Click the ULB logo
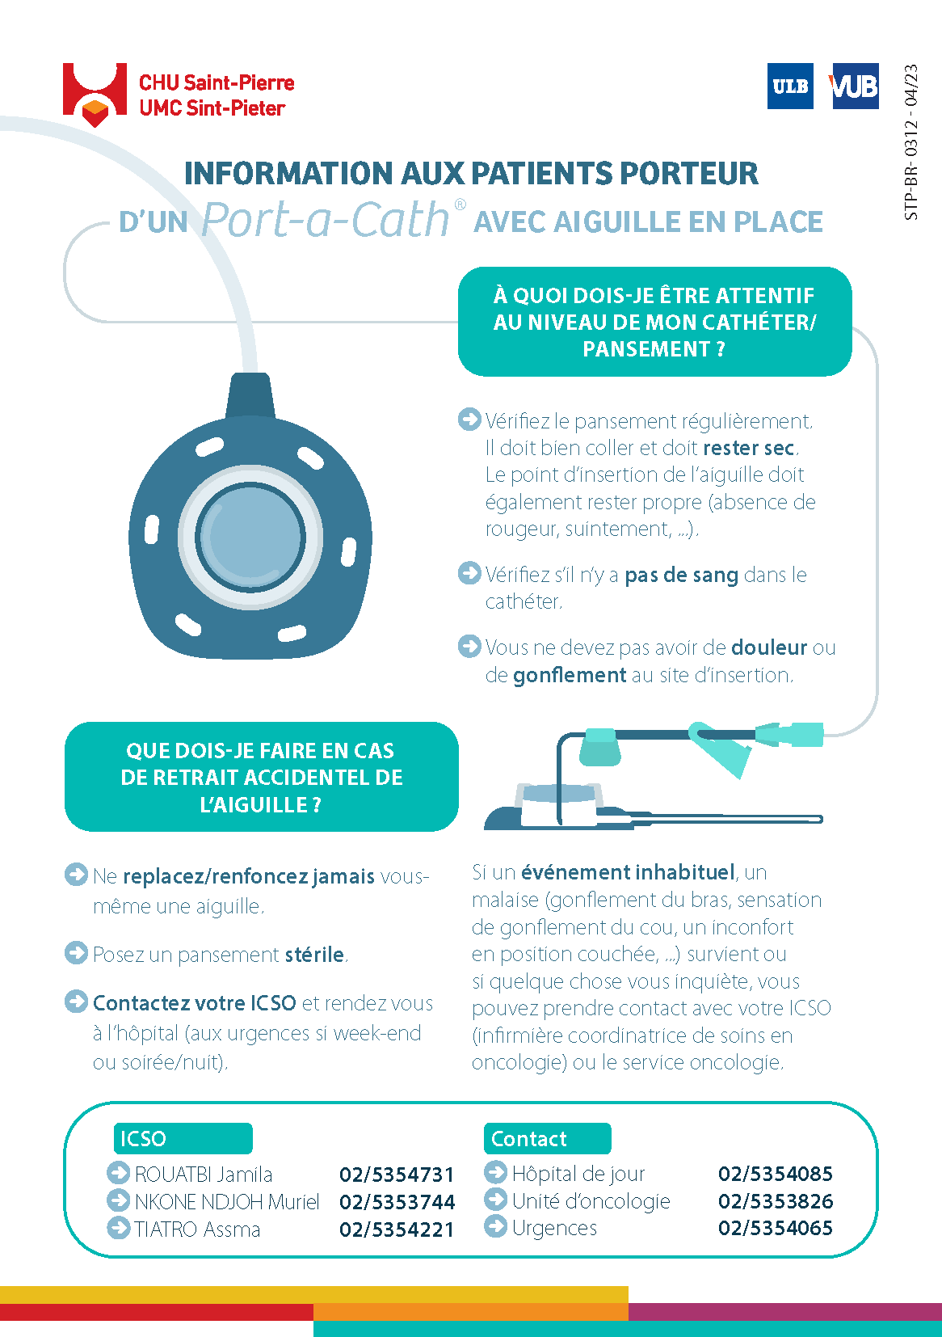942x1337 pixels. click(790, 86)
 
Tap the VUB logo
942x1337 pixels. click(854, 86)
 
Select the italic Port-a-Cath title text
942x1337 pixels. click(325, 220)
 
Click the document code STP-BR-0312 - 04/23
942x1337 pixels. click(911, 142)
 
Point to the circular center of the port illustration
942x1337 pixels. click(250, 536)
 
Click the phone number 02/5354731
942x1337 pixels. click(397, 1175)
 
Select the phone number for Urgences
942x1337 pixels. click(775, 1228)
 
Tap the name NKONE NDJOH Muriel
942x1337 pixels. click(227, 1202)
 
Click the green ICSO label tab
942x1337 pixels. click(183, 1138)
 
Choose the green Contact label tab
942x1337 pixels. click(546, 1138)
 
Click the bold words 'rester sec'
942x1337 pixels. click(749, 448)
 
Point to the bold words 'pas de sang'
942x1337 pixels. click(681, 575)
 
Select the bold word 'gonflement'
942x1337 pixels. click(570, 675)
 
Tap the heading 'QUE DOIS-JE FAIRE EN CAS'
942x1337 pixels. click(260, 751)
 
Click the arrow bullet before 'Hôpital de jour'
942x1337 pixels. click(495, 1172)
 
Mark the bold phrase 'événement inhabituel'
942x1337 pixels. click(628, 872)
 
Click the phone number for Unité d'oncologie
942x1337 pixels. click(775, 1201)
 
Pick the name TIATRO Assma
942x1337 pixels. click(197, 1229)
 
